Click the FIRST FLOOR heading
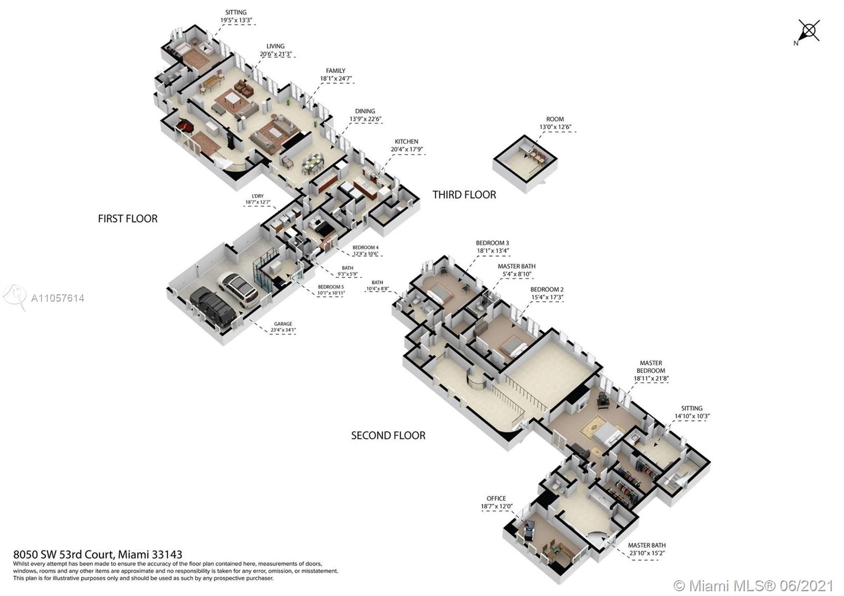click(128, 218)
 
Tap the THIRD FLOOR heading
click(464, 195)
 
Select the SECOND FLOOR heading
click(388, 435)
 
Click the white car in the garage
click(238, 289)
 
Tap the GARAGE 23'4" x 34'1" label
click(283, 328)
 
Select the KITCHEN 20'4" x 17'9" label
click(406, 146)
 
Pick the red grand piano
click(185, 126)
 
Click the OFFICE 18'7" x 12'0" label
click(496, 502)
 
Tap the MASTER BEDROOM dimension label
click(651, 370)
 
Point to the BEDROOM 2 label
click(546, 293)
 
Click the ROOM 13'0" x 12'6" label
click(555, 123)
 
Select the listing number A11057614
click(57, 298)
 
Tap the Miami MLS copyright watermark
click(754, 585)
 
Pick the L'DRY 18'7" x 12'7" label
click(257, 199)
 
